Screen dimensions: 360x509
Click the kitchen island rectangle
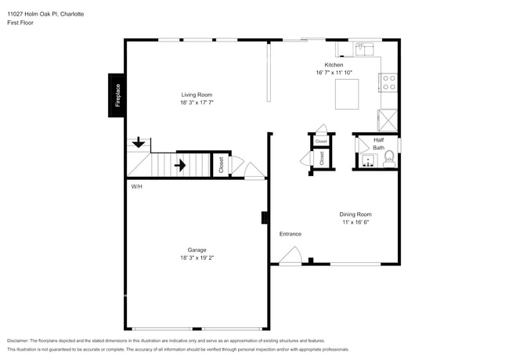(346, 95)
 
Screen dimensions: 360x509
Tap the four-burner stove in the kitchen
(388, 82)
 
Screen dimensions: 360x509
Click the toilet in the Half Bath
(388, 162)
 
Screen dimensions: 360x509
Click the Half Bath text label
(378, 144)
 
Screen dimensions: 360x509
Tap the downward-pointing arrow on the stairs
(138, 142)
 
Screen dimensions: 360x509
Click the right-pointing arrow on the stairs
(179, 165)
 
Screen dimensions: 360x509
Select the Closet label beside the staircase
(221, 165)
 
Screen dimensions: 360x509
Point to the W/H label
(136, 186)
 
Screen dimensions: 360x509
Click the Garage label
(197, 250)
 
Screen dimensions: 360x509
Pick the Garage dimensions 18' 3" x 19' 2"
(197, 258)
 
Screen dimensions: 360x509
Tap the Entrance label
(290, 233)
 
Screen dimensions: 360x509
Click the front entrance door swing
(290, 255)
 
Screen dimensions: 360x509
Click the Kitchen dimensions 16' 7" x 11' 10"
(334, 73)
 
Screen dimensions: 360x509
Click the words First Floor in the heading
(21, 23)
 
